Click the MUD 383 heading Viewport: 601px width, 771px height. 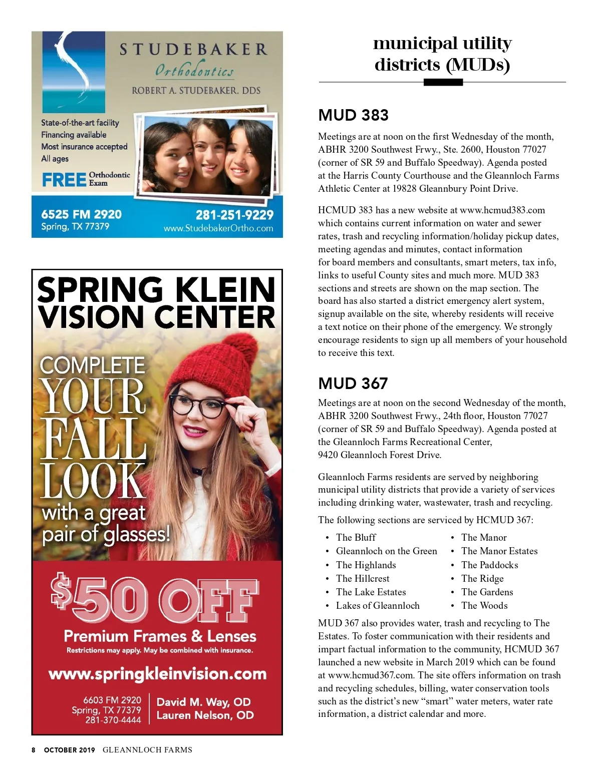[x=353, y=115]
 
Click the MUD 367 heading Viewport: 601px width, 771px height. [x=353, y=383]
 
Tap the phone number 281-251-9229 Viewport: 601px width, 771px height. [x=234, y=215]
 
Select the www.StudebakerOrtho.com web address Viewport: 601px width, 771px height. [x=218, y=228]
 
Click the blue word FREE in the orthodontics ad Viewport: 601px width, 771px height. [x=64, y=180]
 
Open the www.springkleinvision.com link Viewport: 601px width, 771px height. [x=157, y=674]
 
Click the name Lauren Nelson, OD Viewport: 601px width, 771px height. [x=205, y=715]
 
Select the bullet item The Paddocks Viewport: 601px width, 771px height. [x=489, y=565]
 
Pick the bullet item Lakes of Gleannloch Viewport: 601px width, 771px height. [x=378, y=605]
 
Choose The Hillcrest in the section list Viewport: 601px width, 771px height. [x=363, y=578]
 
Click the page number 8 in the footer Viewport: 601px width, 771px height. [x=34, y=750]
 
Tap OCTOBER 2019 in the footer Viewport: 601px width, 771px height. [x=69, y=750]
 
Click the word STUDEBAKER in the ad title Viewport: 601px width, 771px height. [x=193, y=49]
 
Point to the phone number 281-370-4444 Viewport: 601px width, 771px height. [x=113, y=720]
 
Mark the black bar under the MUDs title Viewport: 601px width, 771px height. [x=443, y=83]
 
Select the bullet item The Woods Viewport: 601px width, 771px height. [x=484, y=605]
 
